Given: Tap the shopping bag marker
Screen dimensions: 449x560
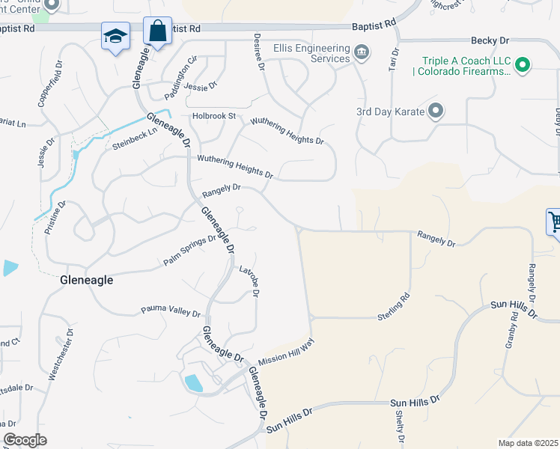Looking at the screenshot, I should [157, 32].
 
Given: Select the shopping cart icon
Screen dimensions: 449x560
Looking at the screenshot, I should [555, 222].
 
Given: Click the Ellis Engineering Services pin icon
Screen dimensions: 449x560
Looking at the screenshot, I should [362, 52].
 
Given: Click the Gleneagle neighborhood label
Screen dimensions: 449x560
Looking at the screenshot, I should [86, 280].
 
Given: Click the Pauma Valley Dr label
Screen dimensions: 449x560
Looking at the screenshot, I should [171, 311].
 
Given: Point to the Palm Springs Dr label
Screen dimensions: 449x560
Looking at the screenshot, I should [189, 250].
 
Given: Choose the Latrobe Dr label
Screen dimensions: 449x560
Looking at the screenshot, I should [249, 281].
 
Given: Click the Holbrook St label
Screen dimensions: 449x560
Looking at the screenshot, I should [213, 116].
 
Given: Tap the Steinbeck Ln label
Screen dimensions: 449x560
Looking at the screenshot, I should [135, 136].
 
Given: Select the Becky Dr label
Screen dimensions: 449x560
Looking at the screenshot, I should [490, 41].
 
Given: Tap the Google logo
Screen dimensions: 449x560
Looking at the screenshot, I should [25, 440].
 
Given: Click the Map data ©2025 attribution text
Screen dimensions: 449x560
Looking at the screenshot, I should [529, 443].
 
